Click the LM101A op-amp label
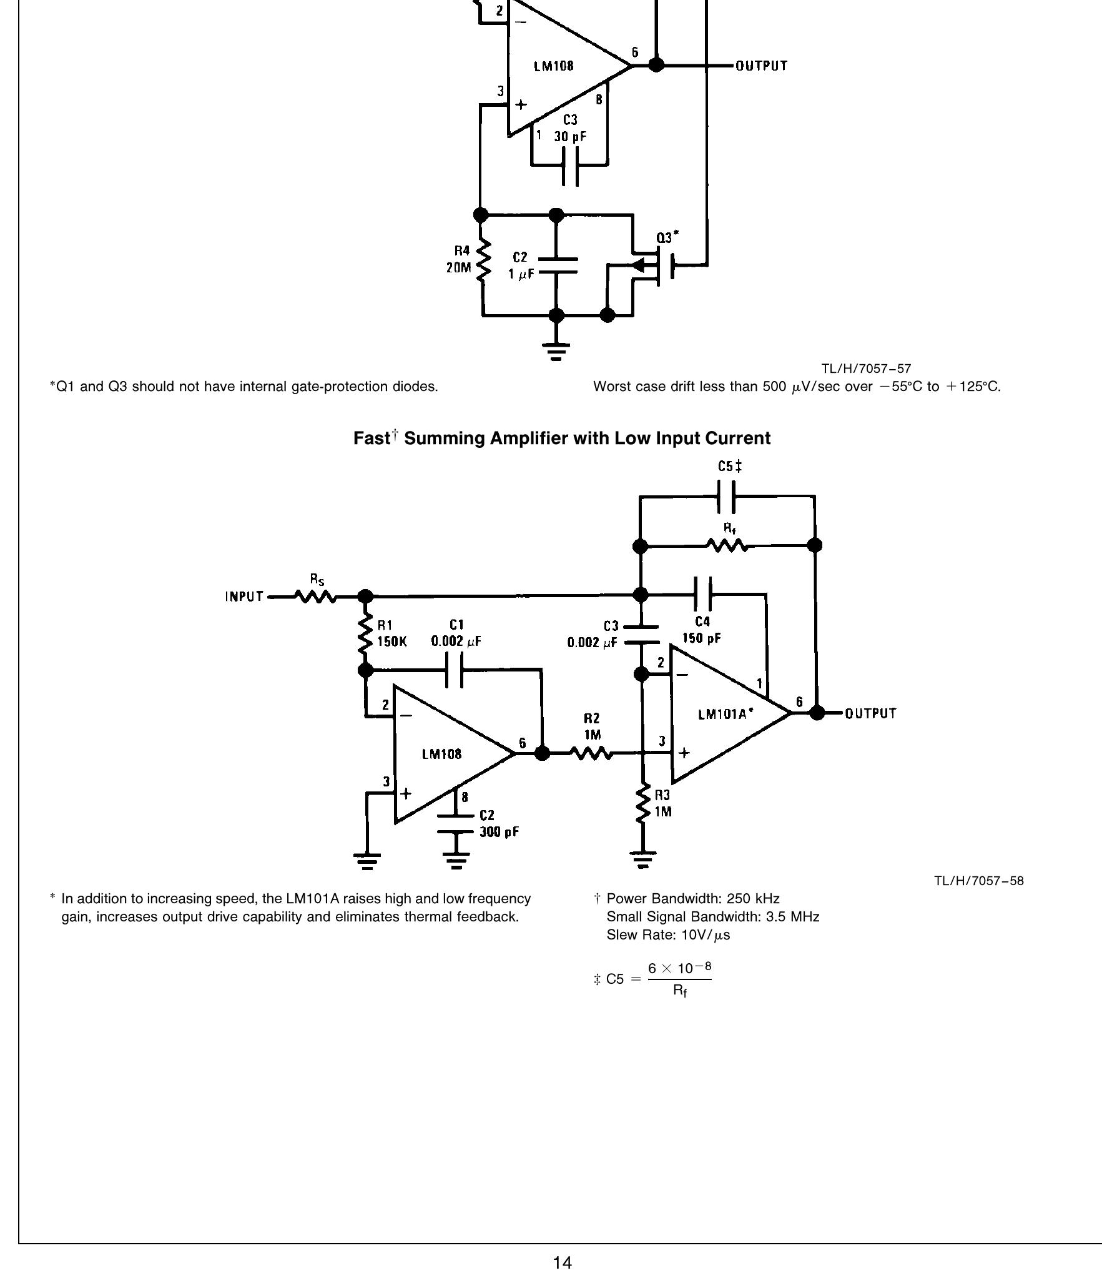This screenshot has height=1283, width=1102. click(x=725, y=714)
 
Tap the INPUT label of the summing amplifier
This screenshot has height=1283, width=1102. click(x=244, y=597)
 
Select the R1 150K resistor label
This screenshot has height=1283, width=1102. click(x=391, y=633)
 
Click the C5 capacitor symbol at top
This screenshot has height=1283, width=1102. click(x=726, y=497)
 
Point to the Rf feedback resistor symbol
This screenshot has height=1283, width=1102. click(x=727, y=546)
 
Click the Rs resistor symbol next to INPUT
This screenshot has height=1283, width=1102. click(x=316, y=597)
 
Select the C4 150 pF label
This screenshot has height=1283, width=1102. click(x=702, y=630)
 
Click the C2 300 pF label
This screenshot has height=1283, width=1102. click(x=498, y=824)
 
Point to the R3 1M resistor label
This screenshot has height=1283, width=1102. click(x=662, y=803)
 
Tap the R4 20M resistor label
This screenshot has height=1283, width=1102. click(x=460, y=259)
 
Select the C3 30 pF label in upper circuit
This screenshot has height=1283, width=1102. click(x=570, y=128)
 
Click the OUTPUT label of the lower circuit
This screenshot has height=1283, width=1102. click(x=870, y=713)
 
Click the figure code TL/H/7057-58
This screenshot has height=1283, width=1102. click(x=978, y=881)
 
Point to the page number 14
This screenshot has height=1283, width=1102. click(x=562, y=1262)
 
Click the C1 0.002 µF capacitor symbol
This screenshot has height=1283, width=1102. click(x=455, y=670)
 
